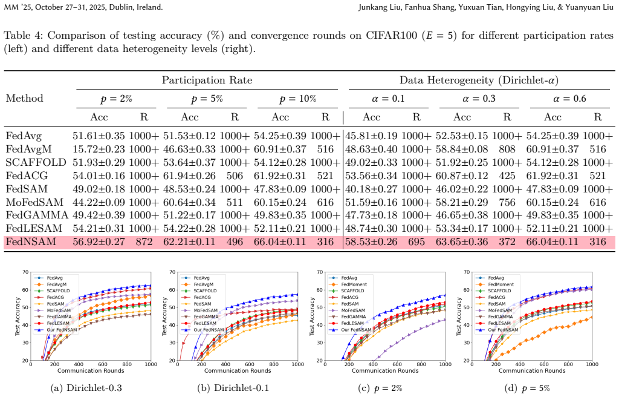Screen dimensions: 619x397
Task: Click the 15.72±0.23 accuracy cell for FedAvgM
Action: (x=99, y=149)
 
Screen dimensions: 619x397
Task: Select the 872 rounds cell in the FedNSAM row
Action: (x=144, y=241)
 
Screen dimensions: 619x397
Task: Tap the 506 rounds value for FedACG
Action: (x=235, y=176)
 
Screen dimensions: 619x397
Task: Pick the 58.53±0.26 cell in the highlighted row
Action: (x=371, y=241)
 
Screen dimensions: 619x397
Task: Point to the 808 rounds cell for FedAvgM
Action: (x=507, y=149)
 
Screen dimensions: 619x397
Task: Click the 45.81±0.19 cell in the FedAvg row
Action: (x=371, y=136)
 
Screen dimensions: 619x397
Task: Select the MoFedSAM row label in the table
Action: (x=34, y=202)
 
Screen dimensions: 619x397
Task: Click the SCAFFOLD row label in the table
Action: (x=36, y=163)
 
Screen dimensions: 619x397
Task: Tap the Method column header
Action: (x=24, y=98)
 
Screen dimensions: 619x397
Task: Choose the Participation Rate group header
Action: (x=207, y=80)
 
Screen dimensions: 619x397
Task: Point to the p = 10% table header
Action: (x=297, y=99)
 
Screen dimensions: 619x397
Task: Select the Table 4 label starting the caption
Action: (x=24, y=36)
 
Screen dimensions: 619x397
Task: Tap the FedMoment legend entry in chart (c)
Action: (x=354, y=284)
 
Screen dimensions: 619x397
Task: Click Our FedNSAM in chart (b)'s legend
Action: (x=209, y=330)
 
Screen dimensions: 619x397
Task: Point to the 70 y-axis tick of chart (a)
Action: (x=25, y=272)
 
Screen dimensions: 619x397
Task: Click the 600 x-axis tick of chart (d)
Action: (x=544, y=364)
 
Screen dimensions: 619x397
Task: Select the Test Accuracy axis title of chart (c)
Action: (x=312, y=317)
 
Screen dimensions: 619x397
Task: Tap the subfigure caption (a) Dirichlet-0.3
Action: (x=86, y=388)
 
